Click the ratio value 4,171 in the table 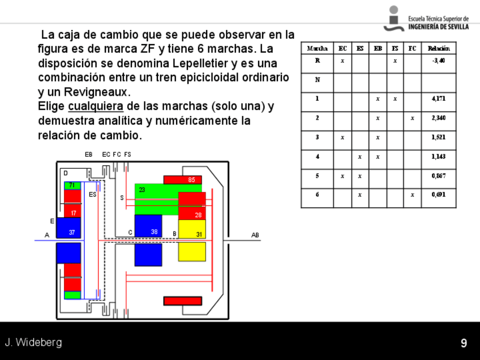click(x=438, y=98)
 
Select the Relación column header click(x=438, y=49)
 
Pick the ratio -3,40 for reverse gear click(x=438, y=60)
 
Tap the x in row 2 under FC click(x=412, y=118)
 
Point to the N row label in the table click(x=317, y=79)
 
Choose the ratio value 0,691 click(x=438, y=195)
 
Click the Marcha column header click(x=317, y=49)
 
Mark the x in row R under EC click(x=342, y=60)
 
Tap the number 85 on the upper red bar click(x=191, y=180)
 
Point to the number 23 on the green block click(x=142, y=190)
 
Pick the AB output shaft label click(x=255, y=235)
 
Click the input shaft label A click(x=47, y=235)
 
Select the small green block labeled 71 click(x=72, y=185)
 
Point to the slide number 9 click(x=464, y=343)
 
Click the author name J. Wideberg click(x=33, y=342)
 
